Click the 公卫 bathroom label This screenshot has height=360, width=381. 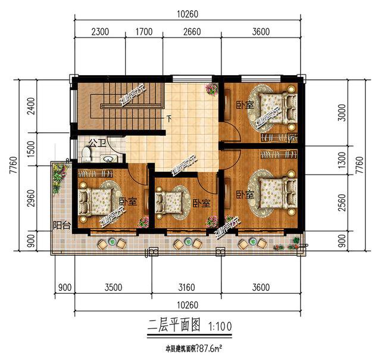96,143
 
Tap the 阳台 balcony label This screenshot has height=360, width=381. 61,226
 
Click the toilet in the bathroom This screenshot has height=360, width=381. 86,155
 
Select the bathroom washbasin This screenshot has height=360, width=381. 108,159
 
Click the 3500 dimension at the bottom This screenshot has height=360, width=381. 113,288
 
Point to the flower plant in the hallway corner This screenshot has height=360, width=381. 211,89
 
